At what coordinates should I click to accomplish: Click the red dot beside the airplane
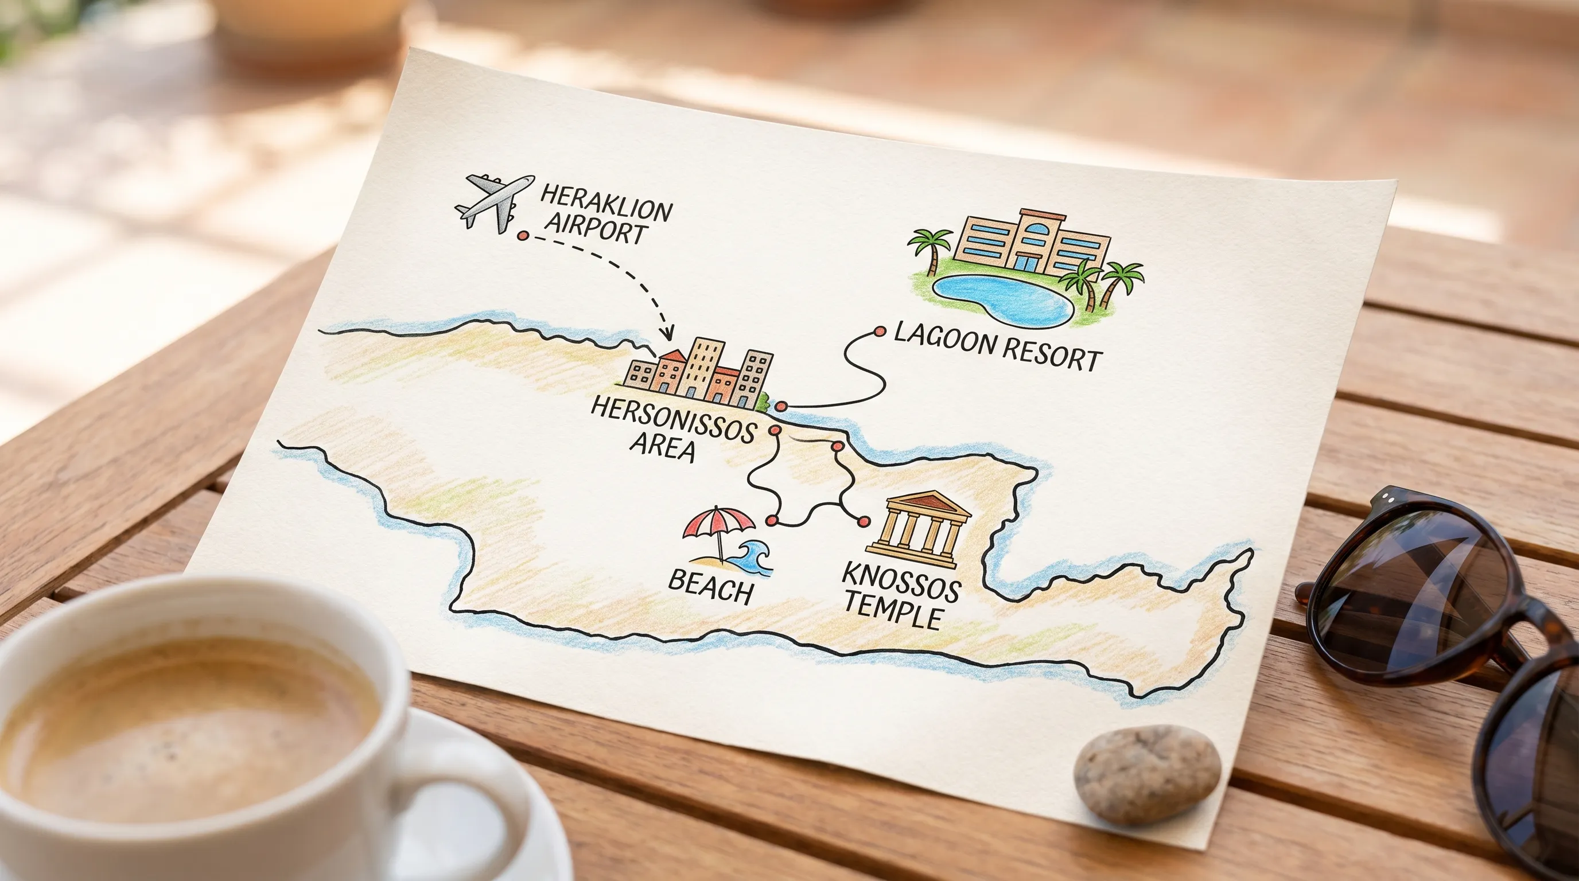pos(523,235)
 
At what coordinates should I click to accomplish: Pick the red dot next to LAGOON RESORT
pos(880,332)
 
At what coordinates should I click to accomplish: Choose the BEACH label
pos(710,587)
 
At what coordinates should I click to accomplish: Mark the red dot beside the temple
pos(864,522)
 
